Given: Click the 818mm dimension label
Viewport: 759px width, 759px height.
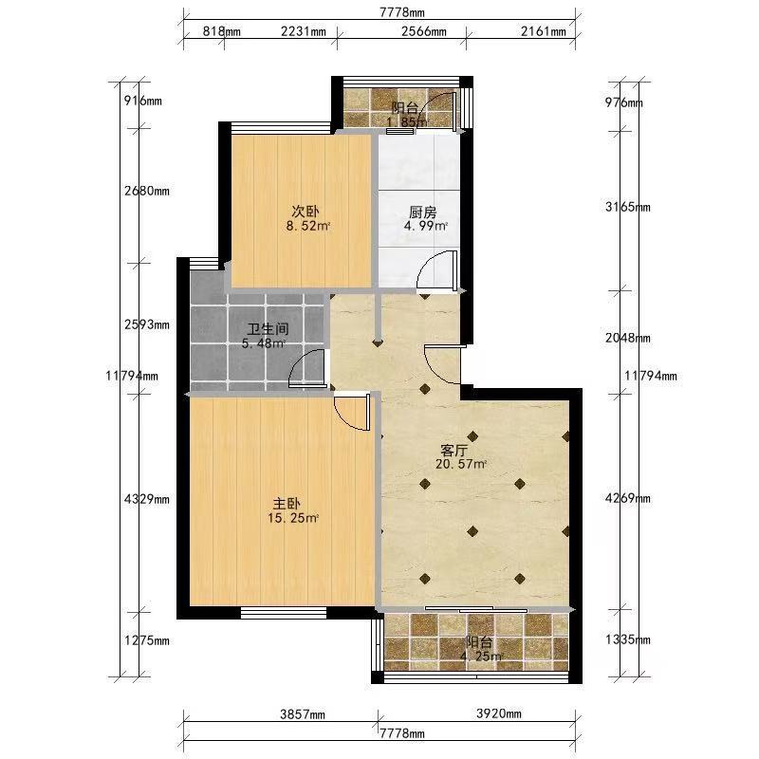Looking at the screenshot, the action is pyautogui.click(x=221, y=31).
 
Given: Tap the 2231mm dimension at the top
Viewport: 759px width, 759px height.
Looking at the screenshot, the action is pyautogui.click(x=303, y=31).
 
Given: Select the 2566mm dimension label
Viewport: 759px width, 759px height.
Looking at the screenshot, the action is pyautogui.click(x=423, y=31).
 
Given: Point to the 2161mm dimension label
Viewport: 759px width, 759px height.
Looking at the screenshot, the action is pyautogui.click(x=543, y=31).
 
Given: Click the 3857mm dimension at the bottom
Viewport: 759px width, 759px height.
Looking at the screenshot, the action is pyautogui.click(x=303, y=714).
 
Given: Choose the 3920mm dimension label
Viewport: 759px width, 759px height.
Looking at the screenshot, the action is pyautogui.click(x=499, y=713).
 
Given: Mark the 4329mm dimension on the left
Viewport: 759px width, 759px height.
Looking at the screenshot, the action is pyautogui.click(x=147, y=499).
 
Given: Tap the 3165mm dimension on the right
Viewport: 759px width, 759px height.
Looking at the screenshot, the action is pyautogui.click(x=628, y=207).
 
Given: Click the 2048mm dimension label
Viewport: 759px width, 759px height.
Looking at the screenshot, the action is pyautogui.click(x=628, y=338).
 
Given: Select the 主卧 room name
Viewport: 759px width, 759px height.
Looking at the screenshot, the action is pyautogui.click(x=287, y=504).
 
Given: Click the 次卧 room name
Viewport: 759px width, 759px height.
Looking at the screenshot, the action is pyautogui.click(x=305, y=212).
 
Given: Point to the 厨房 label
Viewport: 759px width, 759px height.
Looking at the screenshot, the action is pyautogui.click(x=423, y=212).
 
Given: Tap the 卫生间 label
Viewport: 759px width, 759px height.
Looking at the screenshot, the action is pyautogui.click(x=268, y=329).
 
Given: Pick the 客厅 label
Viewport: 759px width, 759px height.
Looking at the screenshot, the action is pyautogui.click(x=454, y=451).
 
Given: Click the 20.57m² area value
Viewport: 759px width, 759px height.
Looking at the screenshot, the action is pyautogui.click(x=461, y=464).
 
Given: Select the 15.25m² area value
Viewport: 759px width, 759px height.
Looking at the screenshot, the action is pyautogui.click(x=293, y=518).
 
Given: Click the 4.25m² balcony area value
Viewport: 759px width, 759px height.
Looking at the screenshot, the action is pyautogui.click(x=481, y=657).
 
